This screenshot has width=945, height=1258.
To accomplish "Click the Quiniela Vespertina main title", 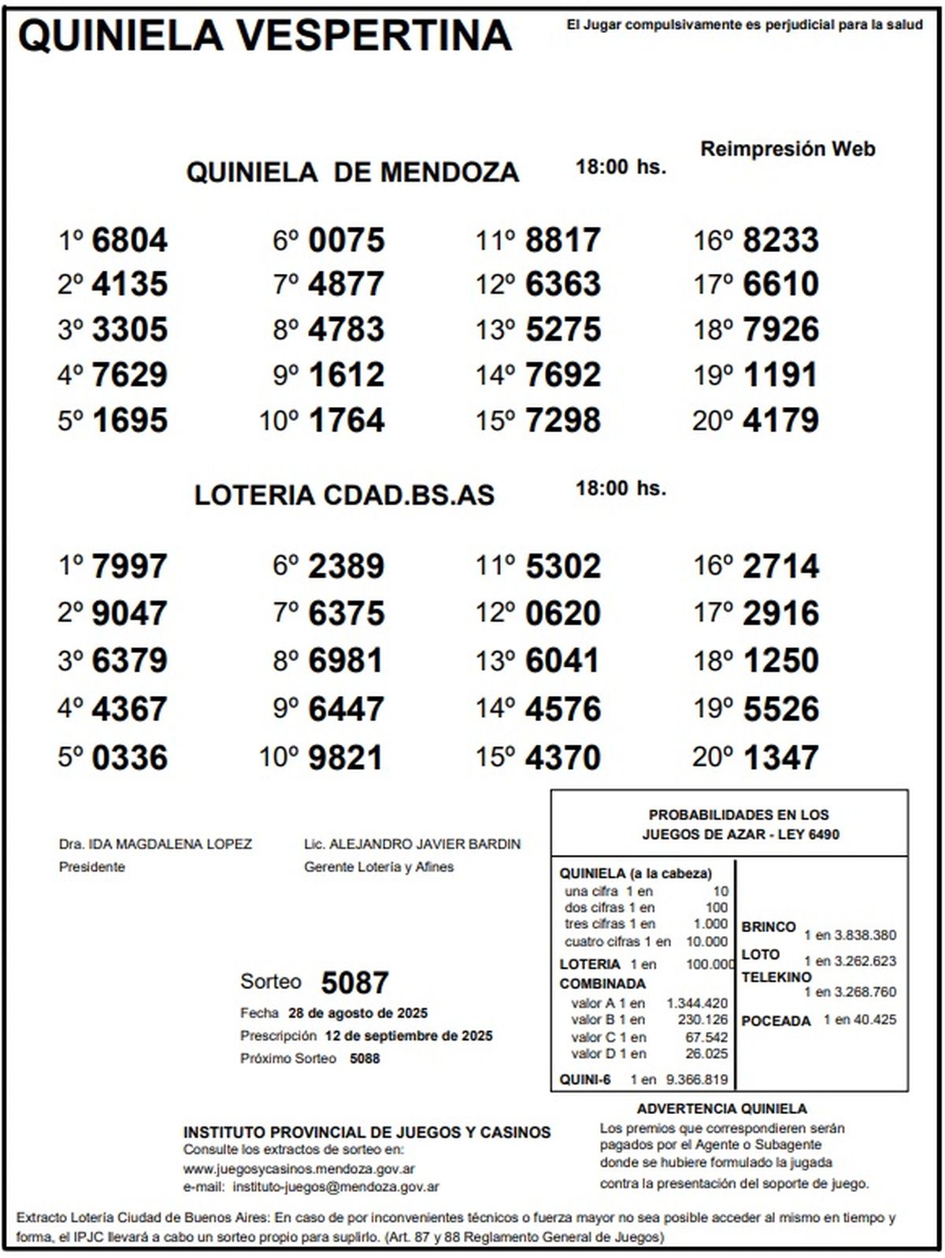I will (265, 35).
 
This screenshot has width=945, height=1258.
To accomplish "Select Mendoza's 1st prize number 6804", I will (129, 240).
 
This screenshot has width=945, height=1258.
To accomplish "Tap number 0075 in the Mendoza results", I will (346, 240).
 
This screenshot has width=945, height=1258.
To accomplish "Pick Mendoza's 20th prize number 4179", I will (780, 420).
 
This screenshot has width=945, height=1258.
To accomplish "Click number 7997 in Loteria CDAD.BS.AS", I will (129, 566).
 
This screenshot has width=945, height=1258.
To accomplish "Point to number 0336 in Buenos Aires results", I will (129, 758).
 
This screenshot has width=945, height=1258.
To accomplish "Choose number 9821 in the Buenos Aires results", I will (346, 758).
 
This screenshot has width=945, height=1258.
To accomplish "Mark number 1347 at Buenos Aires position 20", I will (780, 758).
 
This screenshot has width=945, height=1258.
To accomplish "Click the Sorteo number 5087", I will (355, 982).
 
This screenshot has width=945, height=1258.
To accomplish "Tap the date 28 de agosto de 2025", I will (358, 1013).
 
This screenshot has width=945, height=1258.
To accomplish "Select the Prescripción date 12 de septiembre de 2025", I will (408, 1036).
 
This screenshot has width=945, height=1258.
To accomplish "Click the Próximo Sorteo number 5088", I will (365, 1059).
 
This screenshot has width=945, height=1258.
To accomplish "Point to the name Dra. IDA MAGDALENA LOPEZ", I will (155, 844).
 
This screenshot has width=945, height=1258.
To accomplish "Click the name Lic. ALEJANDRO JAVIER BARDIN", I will (412, 844).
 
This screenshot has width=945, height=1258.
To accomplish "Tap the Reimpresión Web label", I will (787, 149).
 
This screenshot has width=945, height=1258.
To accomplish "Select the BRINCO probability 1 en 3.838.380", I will (850, 935).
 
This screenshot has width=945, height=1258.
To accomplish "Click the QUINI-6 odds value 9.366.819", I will (697, 1080).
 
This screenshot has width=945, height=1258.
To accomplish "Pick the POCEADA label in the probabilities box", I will (776, 1021).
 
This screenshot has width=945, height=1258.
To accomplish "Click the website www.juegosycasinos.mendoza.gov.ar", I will (299, 1169).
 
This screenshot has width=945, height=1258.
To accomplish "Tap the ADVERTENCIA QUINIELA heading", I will (721, 1109).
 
